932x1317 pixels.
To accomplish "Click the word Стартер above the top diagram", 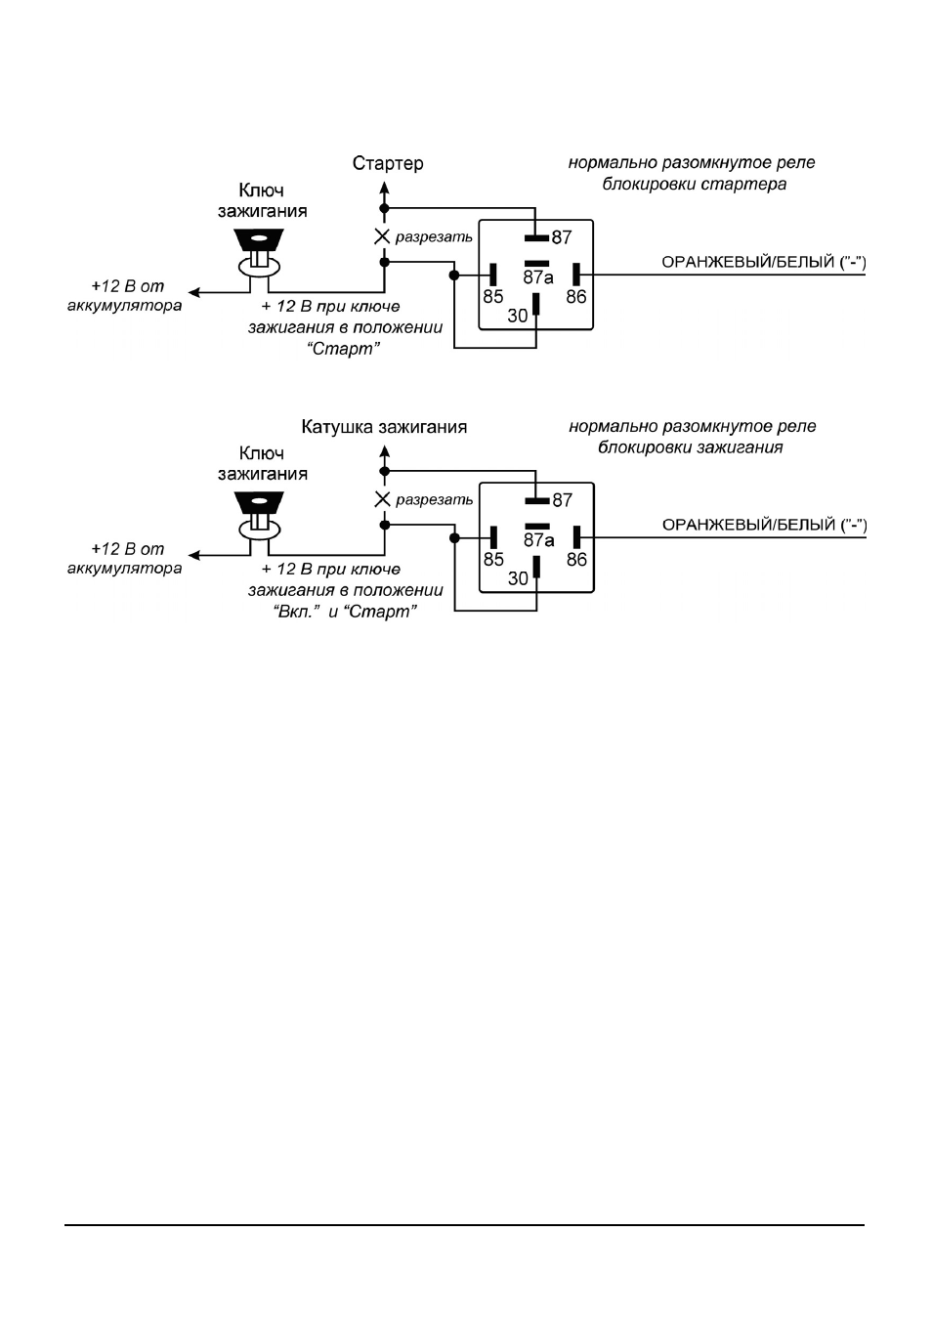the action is (388, 163).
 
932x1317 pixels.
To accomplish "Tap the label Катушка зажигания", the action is (384, 427).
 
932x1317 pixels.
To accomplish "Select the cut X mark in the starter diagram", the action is (382, 237).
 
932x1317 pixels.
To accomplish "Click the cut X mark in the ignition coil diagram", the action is (383, 500).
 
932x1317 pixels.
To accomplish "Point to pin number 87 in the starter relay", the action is (562, 237).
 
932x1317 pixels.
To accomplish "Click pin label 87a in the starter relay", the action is (538, 276).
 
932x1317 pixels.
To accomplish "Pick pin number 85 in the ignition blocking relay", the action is (493, 559).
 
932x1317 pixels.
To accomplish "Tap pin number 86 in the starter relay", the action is (576, 296).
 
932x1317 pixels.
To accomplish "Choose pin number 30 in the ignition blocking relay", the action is (518, 578).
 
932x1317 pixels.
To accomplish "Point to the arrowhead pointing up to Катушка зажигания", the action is (384, 451).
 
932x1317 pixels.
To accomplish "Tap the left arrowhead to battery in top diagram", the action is (194, 292).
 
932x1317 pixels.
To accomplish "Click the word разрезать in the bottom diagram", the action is (434, 500).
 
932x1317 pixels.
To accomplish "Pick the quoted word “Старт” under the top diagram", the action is (344, 349).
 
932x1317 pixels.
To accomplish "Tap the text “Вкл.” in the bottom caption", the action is (296, 612).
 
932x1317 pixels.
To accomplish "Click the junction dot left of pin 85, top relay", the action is (454, 275).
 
